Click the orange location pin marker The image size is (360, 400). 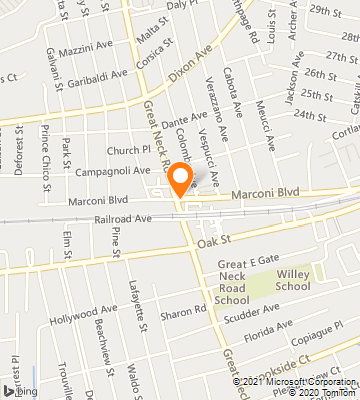(x=181, y=177)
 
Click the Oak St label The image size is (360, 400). (x=214, y=241)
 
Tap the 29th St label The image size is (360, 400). (x=326, y=9)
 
